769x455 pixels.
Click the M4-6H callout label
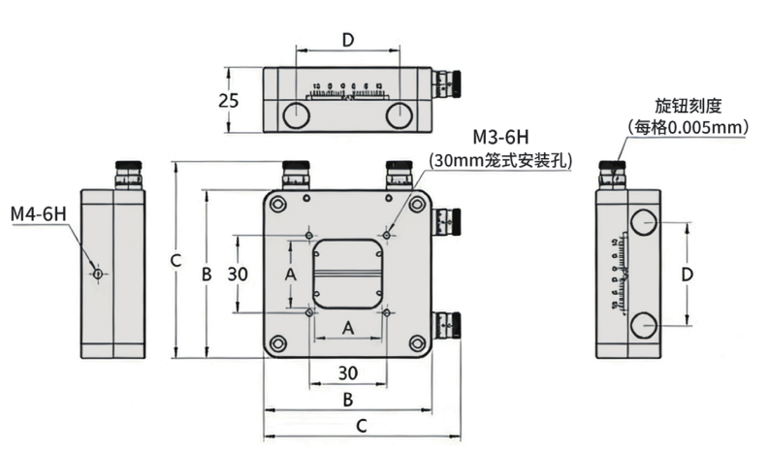[39, 213]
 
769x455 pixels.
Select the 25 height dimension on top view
[229, 100]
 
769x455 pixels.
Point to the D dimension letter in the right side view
[687, 275]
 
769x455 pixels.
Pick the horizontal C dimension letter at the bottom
[361, 425]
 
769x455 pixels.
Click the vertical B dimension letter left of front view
[207, 275]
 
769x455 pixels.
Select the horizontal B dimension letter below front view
[347, 399]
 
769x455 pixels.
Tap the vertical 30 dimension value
[239, 275]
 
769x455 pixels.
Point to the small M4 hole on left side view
[98, 275]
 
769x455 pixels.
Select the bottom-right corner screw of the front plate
[417, 342]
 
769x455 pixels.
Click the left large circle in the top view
[297, 115]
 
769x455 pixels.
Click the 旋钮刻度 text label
[690, 105]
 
